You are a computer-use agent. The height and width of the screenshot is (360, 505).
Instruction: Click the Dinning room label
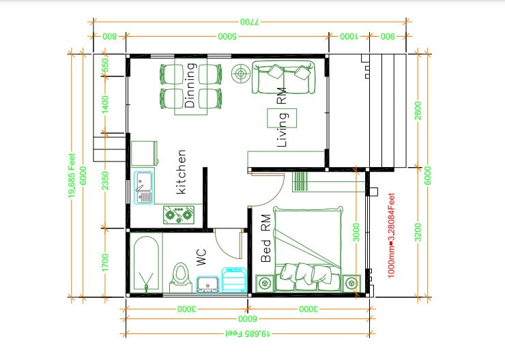pos(190,86)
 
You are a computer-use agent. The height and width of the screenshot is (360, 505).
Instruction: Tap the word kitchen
pos(181,172)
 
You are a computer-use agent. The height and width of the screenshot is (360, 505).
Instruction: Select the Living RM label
pos(281,121)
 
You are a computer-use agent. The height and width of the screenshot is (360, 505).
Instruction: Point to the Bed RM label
pos(266,239)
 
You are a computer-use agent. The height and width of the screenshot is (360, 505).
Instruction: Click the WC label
pos(201,257)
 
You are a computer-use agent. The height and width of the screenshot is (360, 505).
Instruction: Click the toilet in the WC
pos(180,277)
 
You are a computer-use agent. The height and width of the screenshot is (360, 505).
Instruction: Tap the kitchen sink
pos(144,188)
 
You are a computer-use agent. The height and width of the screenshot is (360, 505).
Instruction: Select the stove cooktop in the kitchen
pos(179,215)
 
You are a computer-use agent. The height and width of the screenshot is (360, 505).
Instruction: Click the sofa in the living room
pos(283,78)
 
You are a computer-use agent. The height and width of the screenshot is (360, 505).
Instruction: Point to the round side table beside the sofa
pos(241,72)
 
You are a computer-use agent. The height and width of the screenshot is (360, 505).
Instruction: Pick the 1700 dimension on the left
pos(105,262)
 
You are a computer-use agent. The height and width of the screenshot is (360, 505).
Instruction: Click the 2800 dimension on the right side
pos(418,110)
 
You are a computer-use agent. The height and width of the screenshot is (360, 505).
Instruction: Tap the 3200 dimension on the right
pos(418,232)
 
